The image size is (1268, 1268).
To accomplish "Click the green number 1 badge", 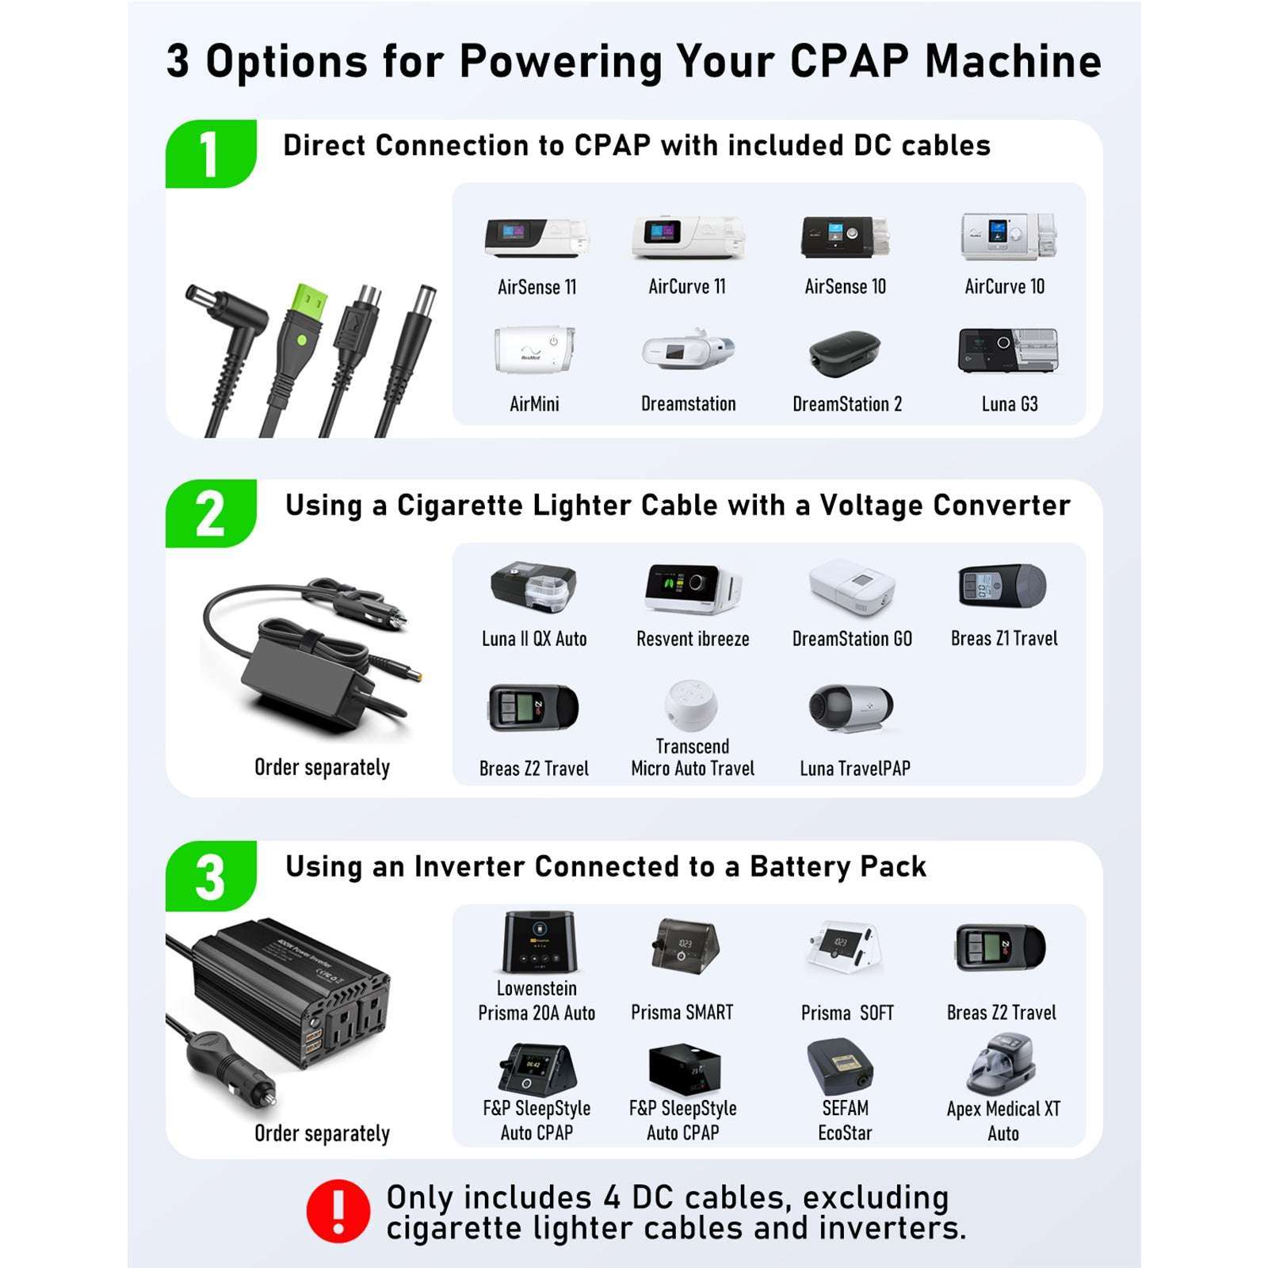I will click(210, 154).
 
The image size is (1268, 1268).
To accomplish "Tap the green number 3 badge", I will click(210, 877).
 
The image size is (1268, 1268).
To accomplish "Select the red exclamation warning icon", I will click(338, 1211).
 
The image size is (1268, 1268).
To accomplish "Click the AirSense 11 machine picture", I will click(537, 238).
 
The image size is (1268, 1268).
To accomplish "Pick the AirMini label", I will click(534, 404).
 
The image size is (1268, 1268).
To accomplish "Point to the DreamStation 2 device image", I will click(845, 353).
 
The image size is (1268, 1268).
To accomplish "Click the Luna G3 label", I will click(1009, 404).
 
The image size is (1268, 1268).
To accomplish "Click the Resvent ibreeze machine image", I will click(692, 589).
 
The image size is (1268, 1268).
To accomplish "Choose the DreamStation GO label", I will click(852, 639).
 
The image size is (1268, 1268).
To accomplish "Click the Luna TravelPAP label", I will click(854, 768).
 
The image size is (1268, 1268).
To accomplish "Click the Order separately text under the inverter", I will click(322, 1133).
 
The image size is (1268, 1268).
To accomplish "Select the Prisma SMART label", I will click(682, 1012).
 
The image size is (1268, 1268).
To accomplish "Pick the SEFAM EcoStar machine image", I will click(840, 1067).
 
